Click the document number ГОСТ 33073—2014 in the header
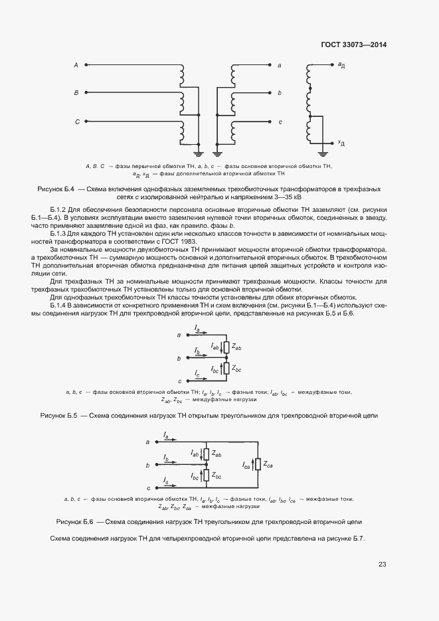(x=354, y=45)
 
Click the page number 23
(x=382, y=565)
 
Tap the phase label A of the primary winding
(x=76, y=65)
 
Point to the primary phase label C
(x=76, y=122)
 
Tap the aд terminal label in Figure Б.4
(x=341, y=65)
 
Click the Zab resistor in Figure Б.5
(x=228, y=348)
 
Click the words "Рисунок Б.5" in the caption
(x=60, y=415)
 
